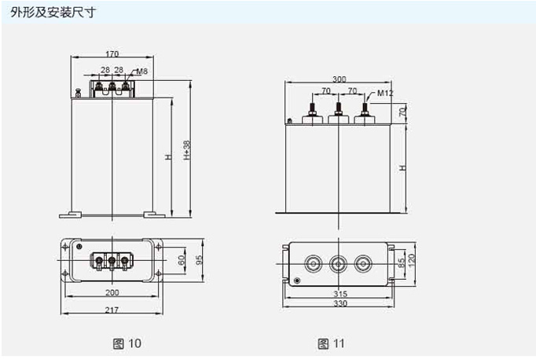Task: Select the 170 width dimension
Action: tap(112, 54)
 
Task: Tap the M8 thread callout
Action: tap(142, 72)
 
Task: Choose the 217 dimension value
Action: tap(112, 309)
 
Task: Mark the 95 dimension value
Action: tap(200, 259)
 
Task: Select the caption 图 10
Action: tap(127, 343)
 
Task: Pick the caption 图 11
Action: tap(331, 343)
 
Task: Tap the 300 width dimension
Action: tap(339, 80)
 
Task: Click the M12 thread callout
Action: tap(385, 94)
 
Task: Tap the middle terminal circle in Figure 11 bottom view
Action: tap(339, 263)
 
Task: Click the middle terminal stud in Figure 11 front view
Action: tap(339, 112)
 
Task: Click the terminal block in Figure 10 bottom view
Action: tap(112, 259)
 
